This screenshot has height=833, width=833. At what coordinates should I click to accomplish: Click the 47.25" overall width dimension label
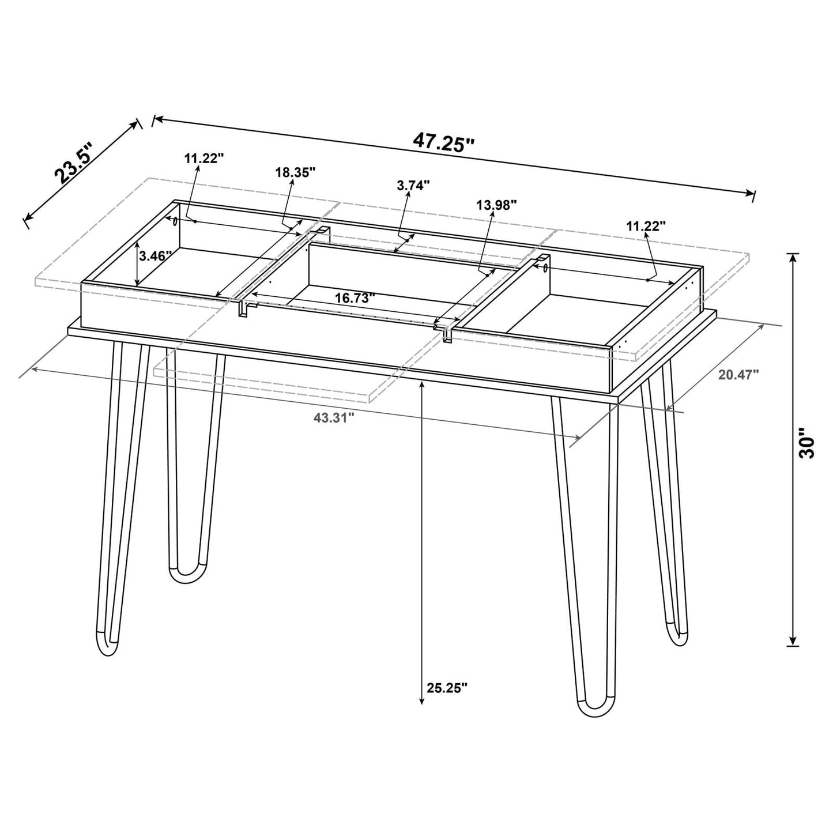coord(443,142)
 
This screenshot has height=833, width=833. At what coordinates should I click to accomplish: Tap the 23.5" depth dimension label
coord(74,165)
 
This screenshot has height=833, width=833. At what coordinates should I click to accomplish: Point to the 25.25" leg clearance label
coord(447,687)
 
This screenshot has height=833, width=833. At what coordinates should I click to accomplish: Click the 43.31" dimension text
coord(333,419)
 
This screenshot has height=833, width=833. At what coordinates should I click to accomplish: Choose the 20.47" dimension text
coord(738,375)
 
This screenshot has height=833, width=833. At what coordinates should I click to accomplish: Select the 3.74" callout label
coord(413,186)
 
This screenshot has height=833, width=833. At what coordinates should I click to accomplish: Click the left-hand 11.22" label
coord(203,159)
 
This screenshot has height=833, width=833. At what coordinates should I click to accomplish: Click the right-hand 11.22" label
coord(646,226)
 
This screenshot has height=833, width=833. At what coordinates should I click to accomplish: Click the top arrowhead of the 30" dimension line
coord(794,258)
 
